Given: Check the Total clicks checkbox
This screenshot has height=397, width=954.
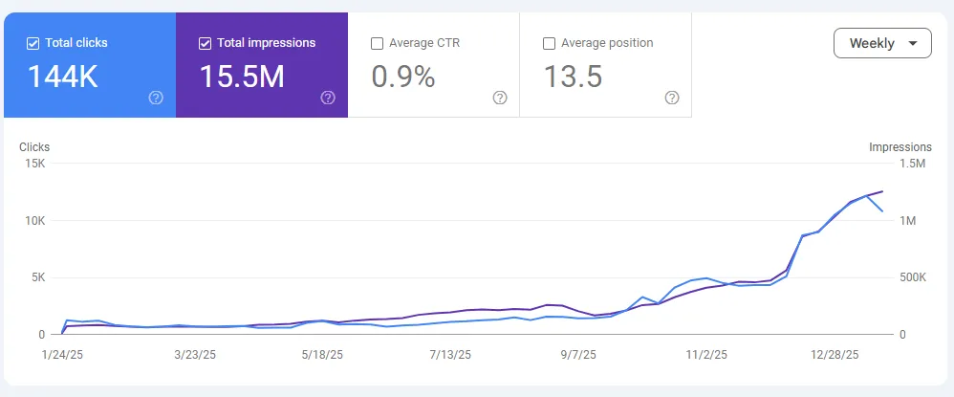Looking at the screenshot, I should click(x=33, y=43).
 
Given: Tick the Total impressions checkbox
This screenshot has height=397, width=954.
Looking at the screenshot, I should click(x=205, y=43).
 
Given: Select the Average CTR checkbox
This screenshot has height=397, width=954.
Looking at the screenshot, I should click(x=377, y=43).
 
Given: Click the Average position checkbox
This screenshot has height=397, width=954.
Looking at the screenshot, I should click(x=549, y=43).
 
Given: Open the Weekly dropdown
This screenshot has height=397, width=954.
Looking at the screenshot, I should click(x=882, y=43).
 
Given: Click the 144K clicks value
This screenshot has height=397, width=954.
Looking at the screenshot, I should click(x=62, y=77).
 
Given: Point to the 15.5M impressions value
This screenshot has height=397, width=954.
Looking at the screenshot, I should click(x=241, y=77).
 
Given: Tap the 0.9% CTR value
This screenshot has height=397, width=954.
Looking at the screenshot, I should click(x=402, y=77).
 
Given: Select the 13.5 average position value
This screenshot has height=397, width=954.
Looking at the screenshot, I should click(x=573, y=77).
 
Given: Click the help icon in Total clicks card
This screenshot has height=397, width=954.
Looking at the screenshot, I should click(x=156, y=98).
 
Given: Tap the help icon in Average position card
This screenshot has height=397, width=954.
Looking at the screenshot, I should click(x=672, y=98).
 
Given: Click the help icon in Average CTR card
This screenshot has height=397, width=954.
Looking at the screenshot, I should click(x=500, y=98).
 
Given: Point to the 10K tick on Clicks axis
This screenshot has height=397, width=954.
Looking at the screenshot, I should click(x=34, y=221).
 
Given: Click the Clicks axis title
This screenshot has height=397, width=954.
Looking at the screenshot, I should click(x=34, y=147).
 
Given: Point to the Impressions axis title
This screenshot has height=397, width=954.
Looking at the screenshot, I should click(x=900, y=147).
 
